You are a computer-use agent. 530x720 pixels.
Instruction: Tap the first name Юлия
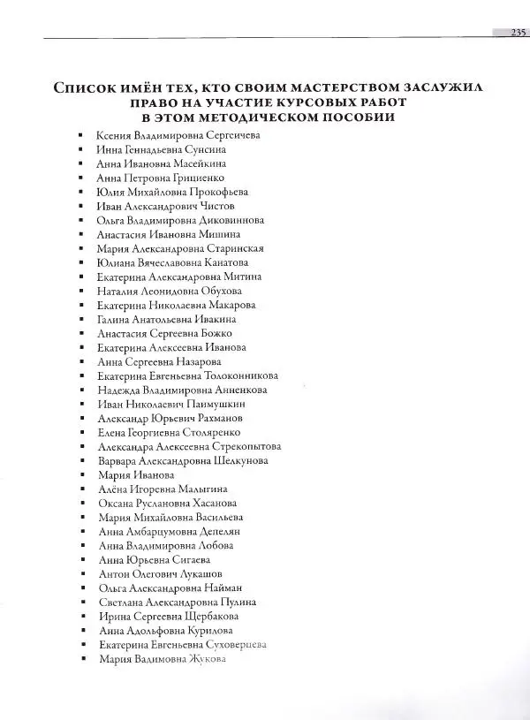111,192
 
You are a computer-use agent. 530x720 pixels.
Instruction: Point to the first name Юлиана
117,262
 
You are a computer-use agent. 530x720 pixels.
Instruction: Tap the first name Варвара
119,460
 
